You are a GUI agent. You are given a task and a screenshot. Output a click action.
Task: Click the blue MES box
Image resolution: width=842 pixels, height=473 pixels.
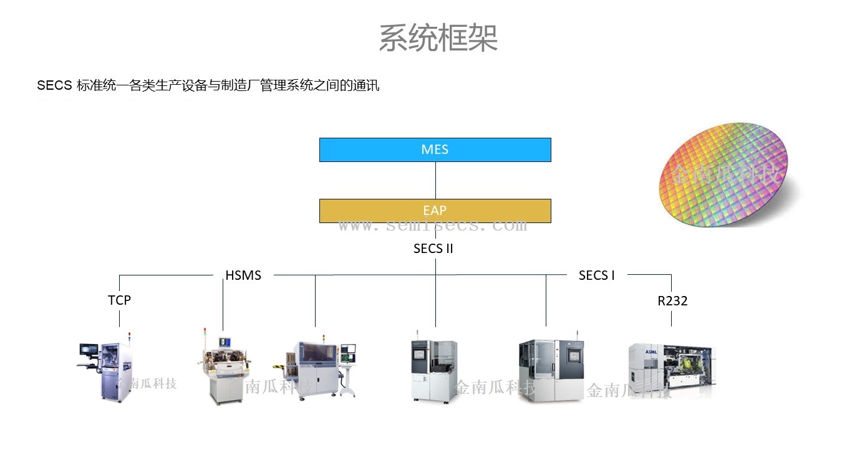pos(435,150)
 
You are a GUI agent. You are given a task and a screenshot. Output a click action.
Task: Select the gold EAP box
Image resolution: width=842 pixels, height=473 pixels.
pos(435,211)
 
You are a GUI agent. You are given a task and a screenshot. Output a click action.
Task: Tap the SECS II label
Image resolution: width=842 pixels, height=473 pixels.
pos(433,249)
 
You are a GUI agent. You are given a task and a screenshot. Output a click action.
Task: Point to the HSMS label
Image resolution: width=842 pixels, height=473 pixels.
pos(243,275)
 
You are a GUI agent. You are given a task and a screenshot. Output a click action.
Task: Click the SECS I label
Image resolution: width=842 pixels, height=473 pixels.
pos(596,275)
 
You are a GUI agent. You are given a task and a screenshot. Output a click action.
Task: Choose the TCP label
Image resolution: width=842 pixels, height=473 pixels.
pos(119,300)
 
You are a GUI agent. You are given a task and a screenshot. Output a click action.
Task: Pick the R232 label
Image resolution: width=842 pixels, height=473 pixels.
pos(672,301)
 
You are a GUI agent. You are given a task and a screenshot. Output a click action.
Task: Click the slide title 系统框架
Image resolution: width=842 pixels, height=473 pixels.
pos(438,38)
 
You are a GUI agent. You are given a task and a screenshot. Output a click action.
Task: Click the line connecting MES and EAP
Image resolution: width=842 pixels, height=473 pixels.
pos(435,180)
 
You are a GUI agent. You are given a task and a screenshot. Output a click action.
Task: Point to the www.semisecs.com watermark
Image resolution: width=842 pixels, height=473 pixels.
pos(432,226)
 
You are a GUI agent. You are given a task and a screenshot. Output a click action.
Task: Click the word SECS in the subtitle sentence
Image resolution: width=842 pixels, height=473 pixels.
pos(54,86)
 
